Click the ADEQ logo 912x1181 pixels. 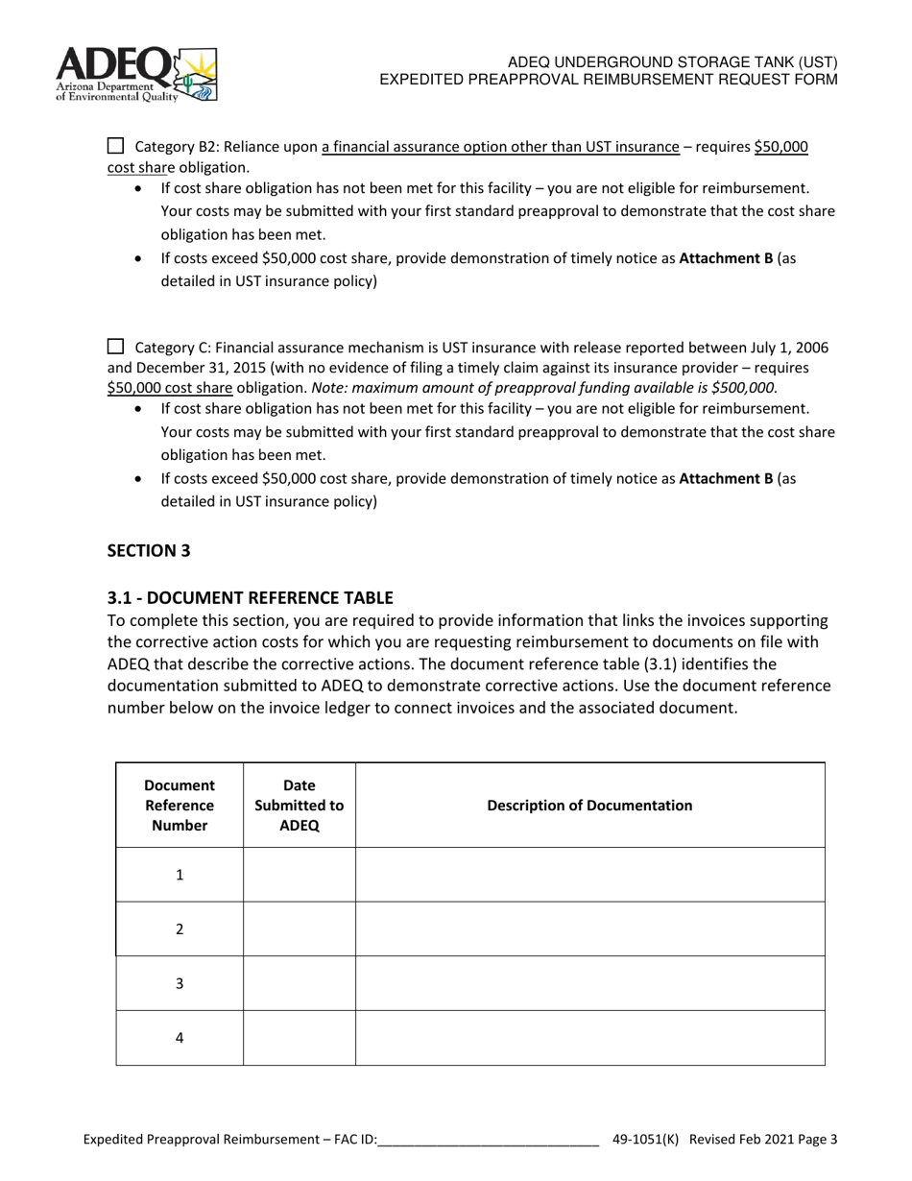(x=135, y=74)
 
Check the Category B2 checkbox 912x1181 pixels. (x=115, y=146)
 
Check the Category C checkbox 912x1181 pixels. (x=115, y=347)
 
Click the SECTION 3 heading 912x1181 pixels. (x=149, y=550)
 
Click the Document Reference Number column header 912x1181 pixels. (x=180, y=805)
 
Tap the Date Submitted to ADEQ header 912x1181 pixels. (x=299, y=805)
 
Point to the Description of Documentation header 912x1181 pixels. (x=589, y=805)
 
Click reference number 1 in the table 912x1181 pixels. (x=180, y=875)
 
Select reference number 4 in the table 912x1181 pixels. (x=180, y=1038)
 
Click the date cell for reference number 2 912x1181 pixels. (x=299, y=928)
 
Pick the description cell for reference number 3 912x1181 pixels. (x=589, y=983)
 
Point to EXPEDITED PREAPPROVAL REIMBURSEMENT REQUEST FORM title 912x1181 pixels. (x=608, y=79)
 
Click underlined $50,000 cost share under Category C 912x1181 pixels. (x=170, y=388)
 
